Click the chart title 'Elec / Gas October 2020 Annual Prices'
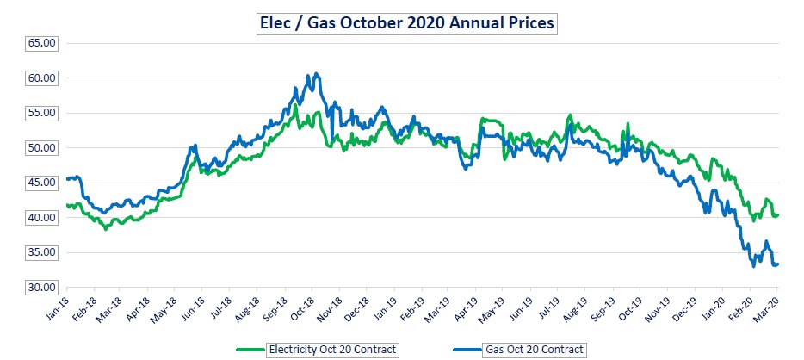pyautogui.click(x=409, y=22)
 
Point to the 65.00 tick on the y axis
pyautogui.click(x=42, y=42)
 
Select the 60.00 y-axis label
pyautogui.click(x=42, y=78)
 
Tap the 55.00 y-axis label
pyautogui.click(x=42, y=113)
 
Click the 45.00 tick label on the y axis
pyautogui.click(x=42, y=183)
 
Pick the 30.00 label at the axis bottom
pyautogui.click(x=42, y=287)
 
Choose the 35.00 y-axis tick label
pyautogui.click(x=42, y=252)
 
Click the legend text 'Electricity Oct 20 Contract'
pyautogui.click(x=333, y=349)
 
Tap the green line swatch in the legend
pyautogui.click(x=250, y=349)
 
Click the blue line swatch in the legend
pyautogui.click(x=466, y=349)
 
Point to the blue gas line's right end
pyautogui.click(x=778, y=264)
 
